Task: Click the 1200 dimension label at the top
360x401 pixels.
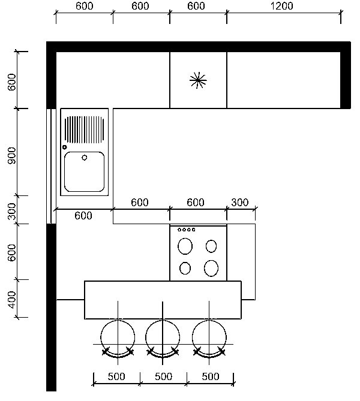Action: click(281, 6)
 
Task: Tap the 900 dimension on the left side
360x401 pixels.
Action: click(11, 155)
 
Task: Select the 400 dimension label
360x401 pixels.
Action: click(11, 300)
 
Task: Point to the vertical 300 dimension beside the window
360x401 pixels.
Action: click(11, 212)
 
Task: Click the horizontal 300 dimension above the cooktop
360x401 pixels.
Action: click(239, 203)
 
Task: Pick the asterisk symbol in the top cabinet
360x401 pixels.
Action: click(198, 80)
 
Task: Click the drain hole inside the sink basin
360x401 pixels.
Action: click(84, 158)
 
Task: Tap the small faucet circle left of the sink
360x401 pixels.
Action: click(65, 147)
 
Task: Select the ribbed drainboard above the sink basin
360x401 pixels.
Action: click(84, 129)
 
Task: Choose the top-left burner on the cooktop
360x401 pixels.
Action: click(185, 246)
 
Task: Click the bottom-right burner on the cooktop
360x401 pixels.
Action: click(211, 269)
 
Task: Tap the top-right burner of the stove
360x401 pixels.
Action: click(211, 246)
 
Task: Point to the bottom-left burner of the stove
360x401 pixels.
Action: click(185, 269)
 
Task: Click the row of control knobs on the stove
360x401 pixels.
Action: click(187, 230)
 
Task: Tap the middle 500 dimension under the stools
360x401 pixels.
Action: click(163, 376)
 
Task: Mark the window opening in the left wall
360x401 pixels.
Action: click(51, 166)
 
